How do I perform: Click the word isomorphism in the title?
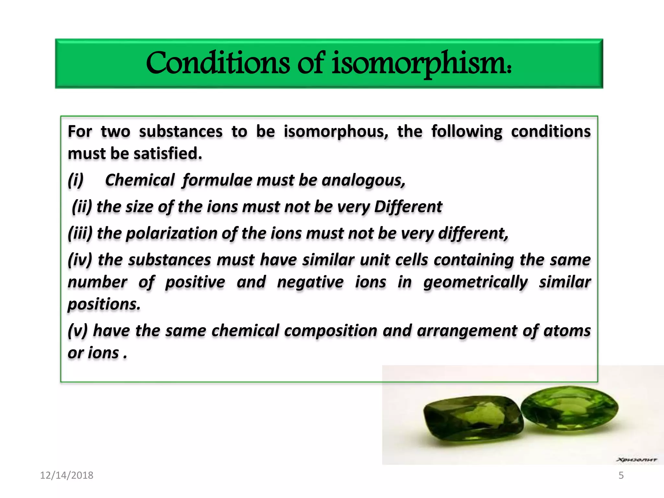[421, 63]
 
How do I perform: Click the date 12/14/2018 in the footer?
[66, 475]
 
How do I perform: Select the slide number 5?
[621, 475]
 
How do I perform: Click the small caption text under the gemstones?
[636, 459]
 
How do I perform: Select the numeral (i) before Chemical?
[76, 180]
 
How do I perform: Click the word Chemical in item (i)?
[140, 180]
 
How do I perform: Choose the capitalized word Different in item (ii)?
[408, 207]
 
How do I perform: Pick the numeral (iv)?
[80, 260]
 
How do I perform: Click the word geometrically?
[475, 282]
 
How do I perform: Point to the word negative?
[310, 282]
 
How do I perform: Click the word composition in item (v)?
[331, 331]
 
